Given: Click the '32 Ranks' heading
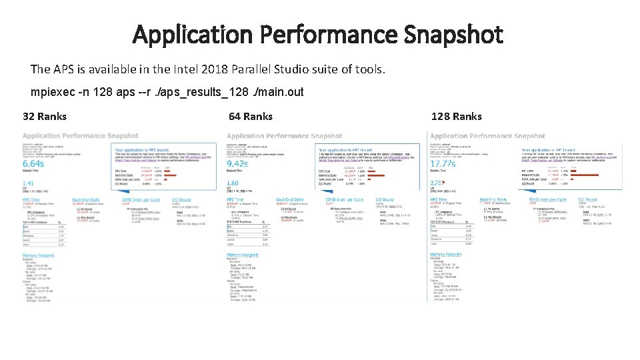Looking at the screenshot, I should (x=45, y=117).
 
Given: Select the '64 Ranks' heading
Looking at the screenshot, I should (x=251, y=117).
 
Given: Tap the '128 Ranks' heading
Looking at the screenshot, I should (x=457, y=117).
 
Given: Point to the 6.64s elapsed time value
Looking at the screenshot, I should (x=34, y=164).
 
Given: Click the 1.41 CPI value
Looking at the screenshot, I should (x=29, y=183).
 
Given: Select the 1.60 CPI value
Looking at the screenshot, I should (x=233, y=183).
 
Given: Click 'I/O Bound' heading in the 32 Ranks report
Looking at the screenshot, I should (x=181, y=199).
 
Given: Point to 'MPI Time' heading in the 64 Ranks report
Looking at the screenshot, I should (x=236, y=199).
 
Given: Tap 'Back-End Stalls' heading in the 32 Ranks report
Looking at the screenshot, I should (x=85, y=199).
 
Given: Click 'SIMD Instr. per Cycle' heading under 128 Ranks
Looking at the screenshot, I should (x=547, y=199).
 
